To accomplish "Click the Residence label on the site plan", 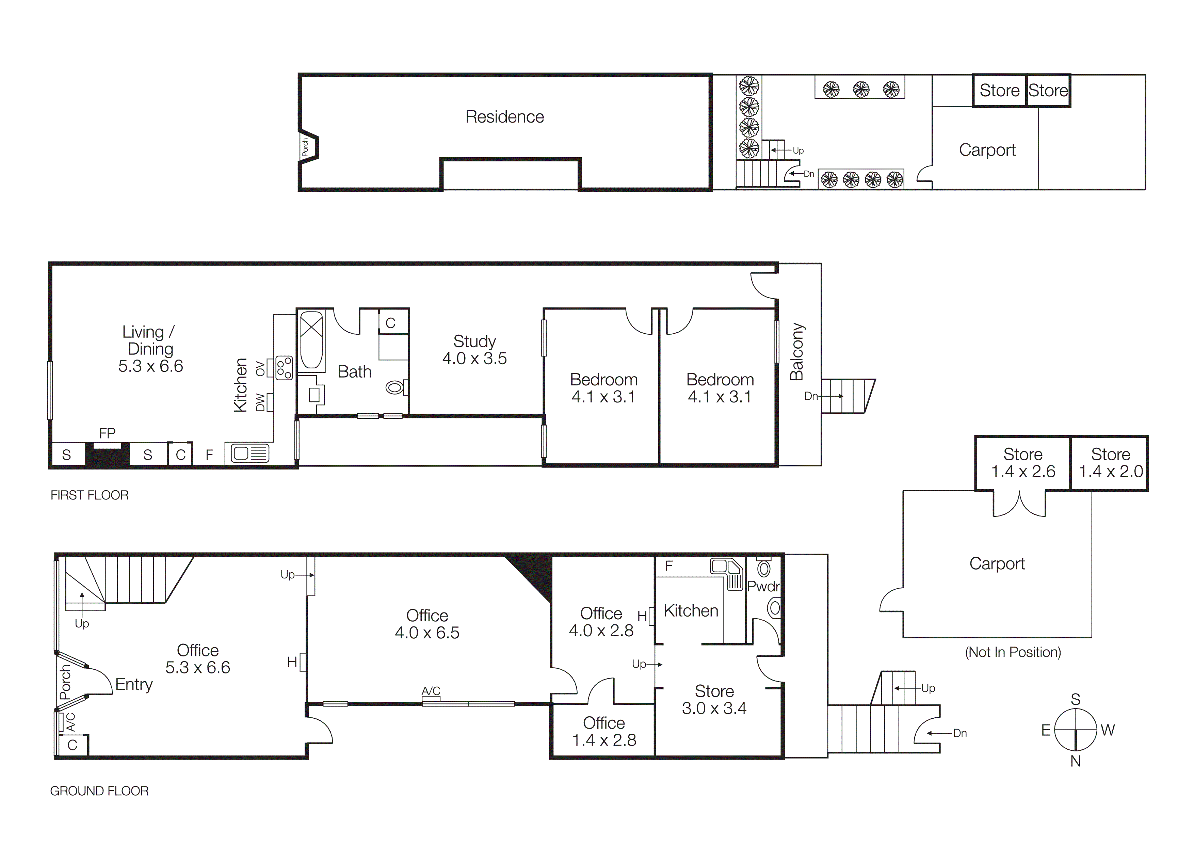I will [504, 117].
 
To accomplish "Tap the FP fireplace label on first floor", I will [107, 433].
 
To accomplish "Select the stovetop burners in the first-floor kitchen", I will [284, 368].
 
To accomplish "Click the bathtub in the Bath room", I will [311, 340].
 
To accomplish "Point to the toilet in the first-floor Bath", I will [396, 387].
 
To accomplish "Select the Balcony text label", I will [797, 352].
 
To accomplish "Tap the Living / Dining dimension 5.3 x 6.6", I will [150, 366].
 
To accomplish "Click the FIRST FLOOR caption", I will [90, 495].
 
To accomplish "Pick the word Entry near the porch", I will [134, 684].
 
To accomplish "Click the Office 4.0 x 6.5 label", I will [427, 624].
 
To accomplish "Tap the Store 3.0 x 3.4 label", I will [714, 699].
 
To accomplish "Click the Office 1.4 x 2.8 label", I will [604, 731].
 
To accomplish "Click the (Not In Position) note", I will [1013, 652].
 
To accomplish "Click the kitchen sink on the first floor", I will [248, 453].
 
